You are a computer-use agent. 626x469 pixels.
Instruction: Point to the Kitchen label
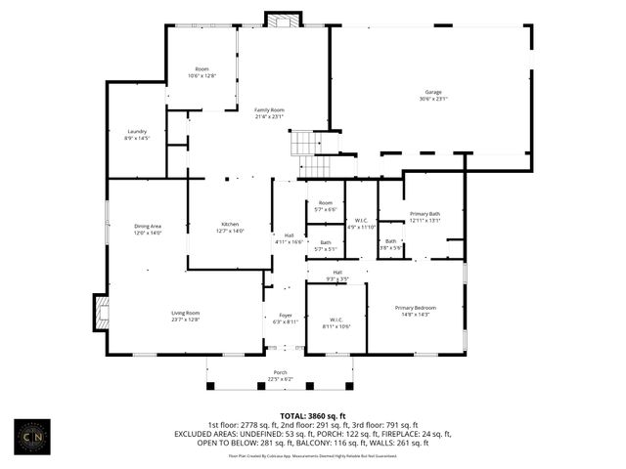(x=230, y=228)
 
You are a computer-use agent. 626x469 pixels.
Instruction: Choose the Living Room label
(x=186, y=316)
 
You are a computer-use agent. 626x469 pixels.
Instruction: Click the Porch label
(x=280, y=376)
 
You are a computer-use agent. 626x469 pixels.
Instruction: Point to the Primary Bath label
(x=425, y=217)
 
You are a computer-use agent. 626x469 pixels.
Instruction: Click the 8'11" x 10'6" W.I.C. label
(x=335, y=321)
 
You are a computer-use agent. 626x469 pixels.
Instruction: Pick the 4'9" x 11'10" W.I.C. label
(x=360, y=223)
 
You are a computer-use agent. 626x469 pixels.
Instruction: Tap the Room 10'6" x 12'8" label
(x=201, y=72)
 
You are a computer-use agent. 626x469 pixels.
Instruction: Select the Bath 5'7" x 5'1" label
(x=325, y=245)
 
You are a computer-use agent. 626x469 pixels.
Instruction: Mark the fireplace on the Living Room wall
(x=98, y=313)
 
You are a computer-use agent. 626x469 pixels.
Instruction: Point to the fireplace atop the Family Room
(x=281, y=20)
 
